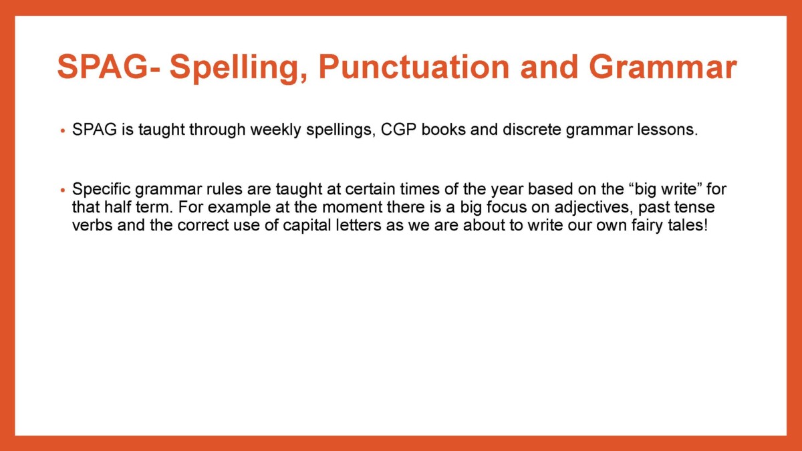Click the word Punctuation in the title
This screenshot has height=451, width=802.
[x=414, y=67]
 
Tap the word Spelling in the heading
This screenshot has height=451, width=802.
[x=239, y=69]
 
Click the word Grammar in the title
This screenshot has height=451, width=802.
[x=663, y=67]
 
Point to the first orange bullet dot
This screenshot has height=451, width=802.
[x=63, y=131]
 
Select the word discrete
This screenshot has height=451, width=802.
[x=532, y=130]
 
